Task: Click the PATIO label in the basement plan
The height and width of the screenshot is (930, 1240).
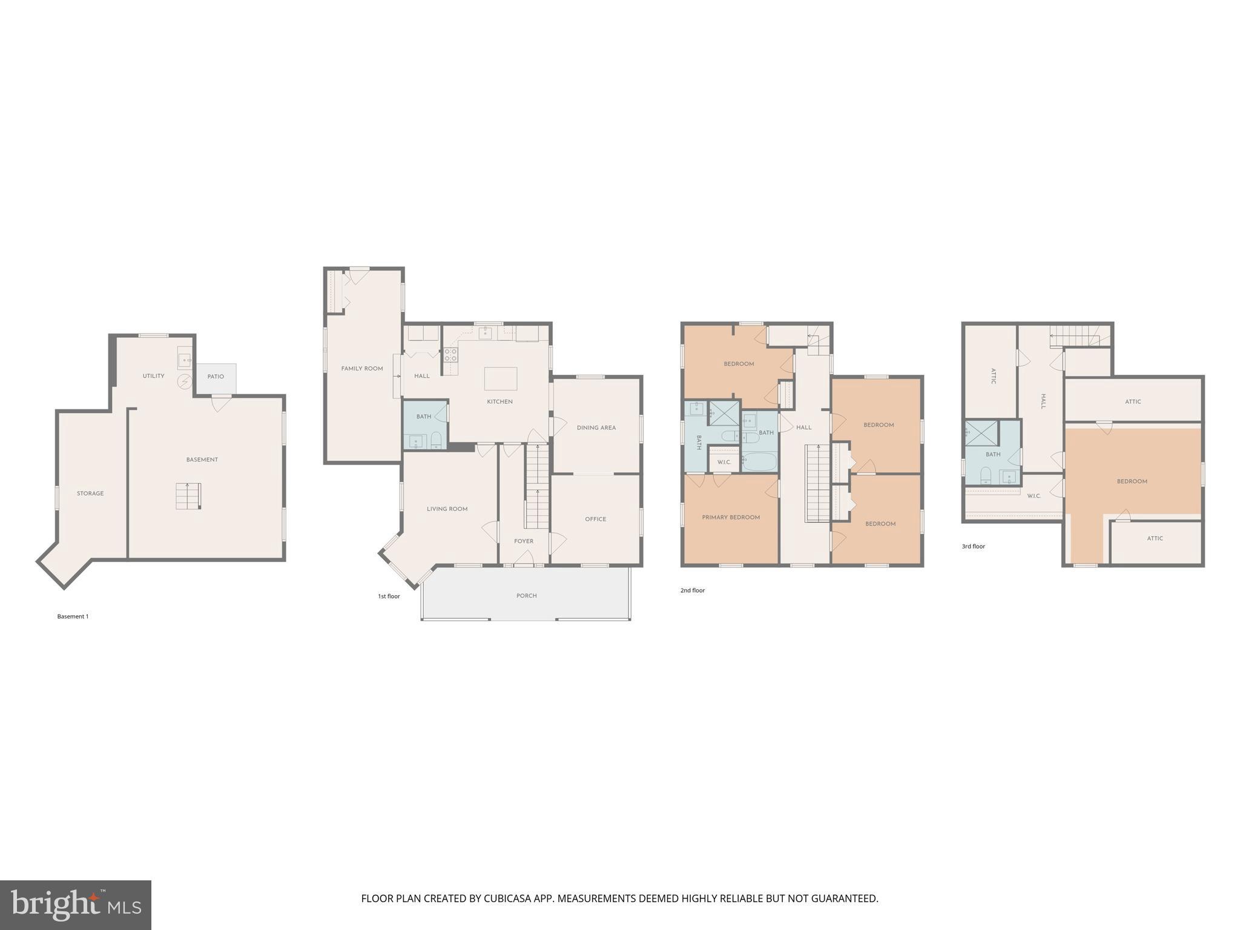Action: point(216,377)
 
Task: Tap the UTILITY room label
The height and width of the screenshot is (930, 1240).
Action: point(153,376)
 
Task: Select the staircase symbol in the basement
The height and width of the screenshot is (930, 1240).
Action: point(188,496)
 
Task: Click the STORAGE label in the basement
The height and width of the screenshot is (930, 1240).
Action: point(90,493)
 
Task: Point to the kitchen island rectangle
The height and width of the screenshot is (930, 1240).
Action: point(501,378)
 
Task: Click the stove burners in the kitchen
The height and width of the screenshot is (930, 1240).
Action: point(450,355)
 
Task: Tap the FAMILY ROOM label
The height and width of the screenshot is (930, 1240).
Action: point(362,368)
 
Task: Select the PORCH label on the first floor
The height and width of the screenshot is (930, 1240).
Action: point(526,596)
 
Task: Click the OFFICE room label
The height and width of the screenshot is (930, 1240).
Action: point(595,519)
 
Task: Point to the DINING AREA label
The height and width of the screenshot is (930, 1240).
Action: point(596,427)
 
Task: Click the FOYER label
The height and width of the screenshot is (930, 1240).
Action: point(524,541)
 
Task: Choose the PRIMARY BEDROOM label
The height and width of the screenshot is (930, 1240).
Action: point(731,517)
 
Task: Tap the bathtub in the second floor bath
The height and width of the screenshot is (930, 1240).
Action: point(759,463)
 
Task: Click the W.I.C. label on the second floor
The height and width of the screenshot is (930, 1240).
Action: point(724,462)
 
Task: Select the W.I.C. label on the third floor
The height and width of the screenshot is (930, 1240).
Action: point(1034,496)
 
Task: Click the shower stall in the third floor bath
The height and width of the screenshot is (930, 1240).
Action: point(981,433)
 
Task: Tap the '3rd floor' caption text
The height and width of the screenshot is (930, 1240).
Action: point(973,546)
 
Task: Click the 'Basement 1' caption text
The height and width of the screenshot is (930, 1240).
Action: point(73,616)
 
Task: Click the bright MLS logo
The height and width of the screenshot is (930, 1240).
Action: point(76,905)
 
